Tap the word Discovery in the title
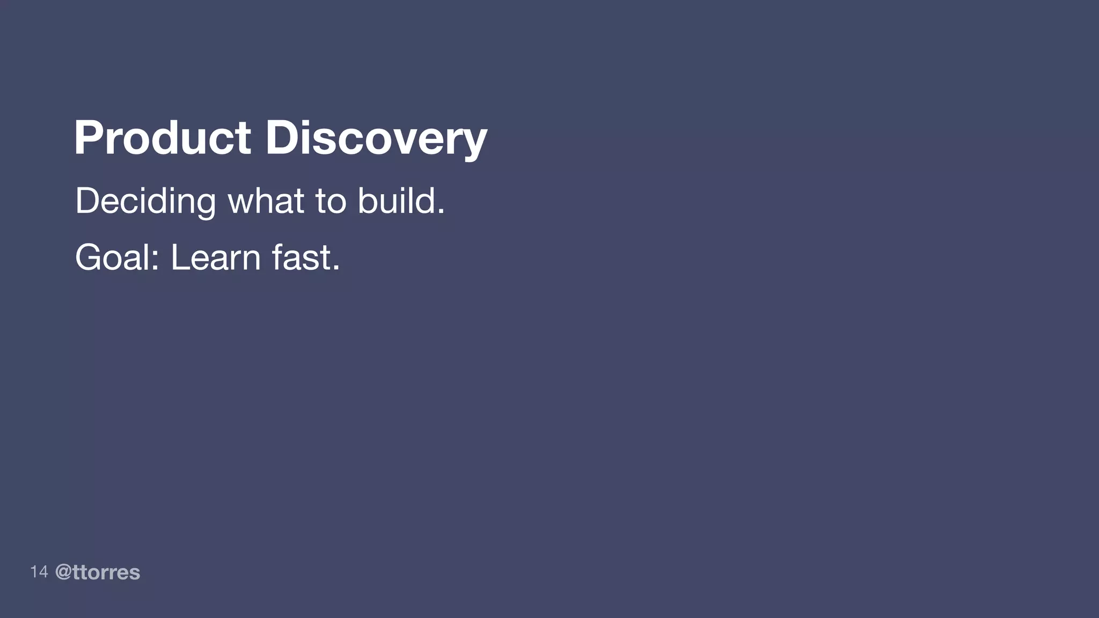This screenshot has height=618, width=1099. tap(376, 138)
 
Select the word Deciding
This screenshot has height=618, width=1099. tap(145, 202)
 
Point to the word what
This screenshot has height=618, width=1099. tap(266, 201)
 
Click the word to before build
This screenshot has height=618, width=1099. tap(331, 202)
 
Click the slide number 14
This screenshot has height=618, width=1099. tap(39, 572)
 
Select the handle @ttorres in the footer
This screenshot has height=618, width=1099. tap(98, 572)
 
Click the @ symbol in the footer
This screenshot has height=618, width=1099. tap(63, 572)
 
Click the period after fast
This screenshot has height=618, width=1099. tap(336, 269)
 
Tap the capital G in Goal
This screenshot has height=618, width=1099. tap(89, 257)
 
